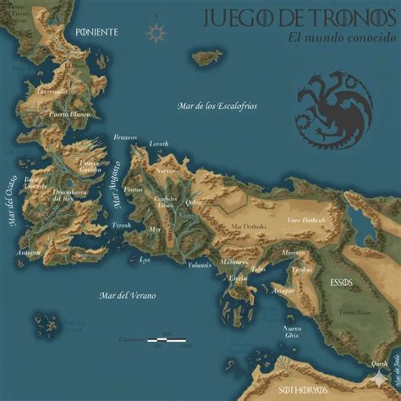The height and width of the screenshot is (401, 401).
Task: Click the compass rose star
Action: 156,33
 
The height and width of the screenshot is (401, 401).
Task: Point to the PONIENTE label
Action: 96,32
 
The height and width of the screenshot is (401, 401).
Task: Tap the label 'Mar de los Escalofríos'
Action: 217,107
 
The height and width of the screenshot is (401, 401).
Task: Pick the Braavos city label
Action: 125,138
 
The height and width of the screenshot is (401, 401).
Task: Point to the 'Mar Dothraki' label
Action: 247,227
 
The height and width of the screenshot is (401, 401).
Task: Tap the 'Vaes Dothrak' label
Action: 305,221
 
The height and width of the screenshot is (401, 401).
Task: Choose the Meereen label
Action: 293,251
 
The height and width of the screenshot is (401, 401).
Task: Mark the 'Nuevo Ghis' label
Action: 292,332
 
